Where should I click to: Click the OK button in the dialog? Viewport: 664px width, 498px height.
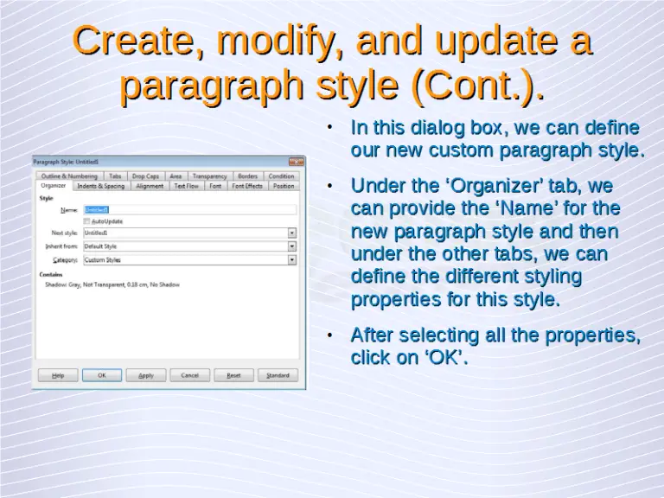tap(102, 375)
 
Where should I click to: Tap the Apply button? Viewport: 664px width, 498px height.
tap(146, 375)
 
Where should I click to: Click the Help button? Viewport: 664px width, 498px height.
tap(58, 375)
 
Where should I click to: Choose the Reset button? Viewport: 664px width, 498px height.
tap(233, 375)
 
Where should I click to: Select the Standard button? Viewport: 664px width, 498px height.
tap(278, 375)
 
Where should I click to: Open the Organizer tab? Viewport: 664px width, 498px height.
tap(53, 186)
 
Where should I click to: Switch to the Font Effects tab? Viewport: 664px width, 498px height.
tap(247, 186)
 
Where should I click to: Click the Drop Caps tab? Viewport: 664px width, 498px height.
tap(145, 176)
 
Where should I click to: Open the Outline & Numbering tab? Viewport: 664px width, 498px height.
tap(69, 176)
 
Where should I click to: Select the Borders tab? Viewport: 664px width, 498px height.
tap(247, 176)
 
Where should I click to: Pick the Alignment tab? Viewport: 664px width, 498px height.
tap(150, 186)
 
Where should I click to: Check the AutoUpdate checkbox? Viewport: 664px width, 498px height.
tap(86, 221)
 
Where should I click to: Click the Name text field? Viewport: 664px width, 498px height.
tap(190, 209)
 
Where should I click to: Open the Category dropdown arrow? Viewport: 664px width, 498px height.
tap(292, 259)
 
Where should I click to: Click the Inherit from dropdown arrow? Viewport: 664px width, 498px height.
tap(292, 246)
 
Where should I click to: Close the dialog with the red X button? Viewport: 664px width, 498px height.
tap(296, 161)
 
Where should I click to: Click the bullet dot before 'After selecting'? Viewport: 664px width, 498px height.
tap(332, 335)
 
